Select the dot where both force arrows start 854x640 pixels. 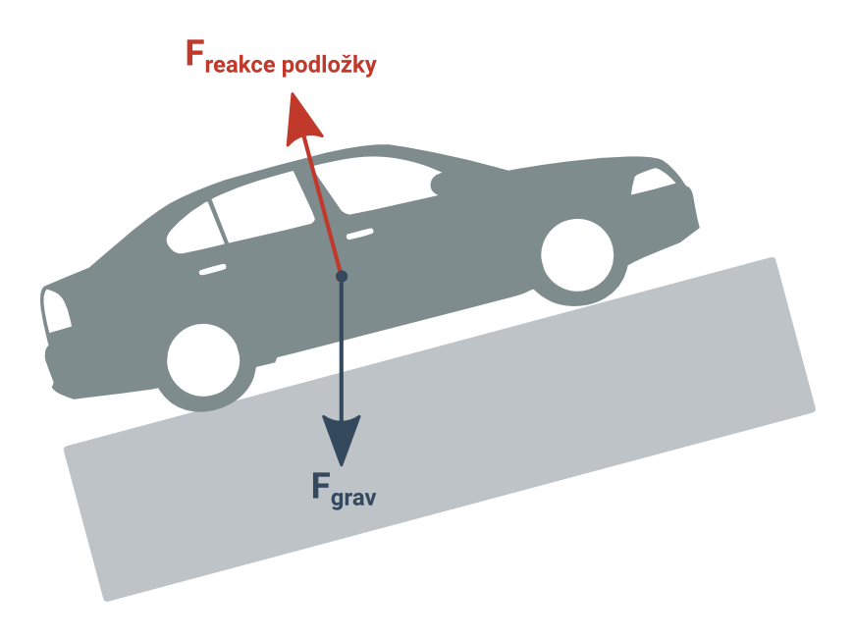(342, 276)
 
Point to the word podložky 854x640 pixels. (329, 64)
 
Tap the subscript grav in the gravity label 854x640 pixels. (353, 499)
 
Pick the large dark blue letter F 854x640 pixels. (321, 485)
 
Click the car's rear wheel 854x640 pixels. (203, 360)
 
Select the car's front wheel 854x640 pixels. (577, 255)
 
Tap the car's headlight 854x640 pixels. (653, 181)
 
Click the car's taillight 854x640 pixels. (57, 310)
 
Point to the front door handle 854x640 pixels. (360, 234)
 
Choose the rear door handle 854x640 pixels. (212, 269)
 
